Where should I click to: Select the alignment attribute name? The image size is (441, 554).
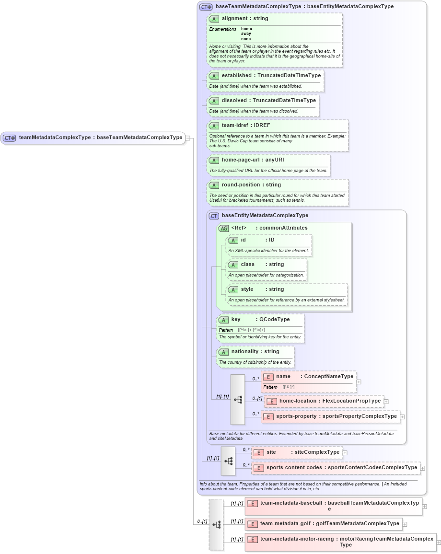pyautogui.click(x=234, y=19)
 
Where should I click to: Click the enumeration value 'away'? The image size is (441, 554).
pyautogui.click(x=246, y=34)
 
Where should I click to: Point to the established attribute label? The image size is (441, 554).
pyautogui.click(x=236, y=76)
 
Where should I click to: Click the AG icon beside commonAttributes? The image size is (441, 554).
pyautogui.click(x=223, y=228)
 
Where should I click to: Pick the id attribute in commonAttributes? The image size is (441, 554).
pyautogui.click(x=243, y=240)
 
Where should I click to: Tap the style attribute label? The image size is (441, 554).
pyautogui.click(x=247, y=289)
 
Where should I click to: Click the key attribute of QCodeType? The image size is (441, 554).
pyautogui.click(x=236, y=320)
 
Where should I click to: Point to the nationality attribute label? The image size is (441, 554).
pyautogui.click(x=244, y=352)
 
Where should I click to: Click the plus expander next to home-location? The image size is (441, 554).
pyautogui.click(x=386, y=402)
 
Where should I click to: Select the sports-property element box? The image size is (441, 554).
pyautogui.click(x=331, y=416)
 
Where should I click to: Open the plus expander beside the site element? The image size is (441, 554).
pyautogui.click(x=345, y=452)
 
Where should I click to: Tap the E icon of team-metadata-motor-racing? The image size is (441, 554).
pyautogui.click(x=253, y=540)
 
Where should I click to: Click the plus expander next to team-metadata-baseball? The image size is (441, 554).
pyautogui.click(x=424, y=506)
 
